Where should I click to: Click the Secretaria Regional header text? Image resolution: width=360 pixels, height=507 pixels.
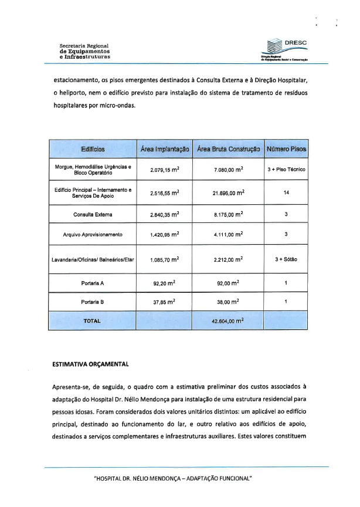click(84, 51)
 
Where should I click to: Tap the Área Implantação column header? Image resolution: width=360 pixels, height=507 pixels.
click(165, 150)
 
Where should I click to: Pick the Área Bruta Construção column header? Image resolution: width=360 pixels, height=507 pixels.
click(228, 150)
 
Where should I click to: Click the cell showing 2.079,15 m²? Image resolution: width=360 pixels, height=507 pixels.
click(164, 170)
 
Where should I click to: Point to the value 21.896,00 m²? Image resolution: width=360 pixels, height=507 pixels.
click(228, 192)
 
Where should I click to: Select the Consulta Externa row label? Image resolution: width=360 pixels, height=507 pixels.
click(93, 214)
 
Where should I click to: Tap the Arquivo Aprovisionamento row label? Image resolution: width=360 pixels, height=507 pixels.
click(93, 235)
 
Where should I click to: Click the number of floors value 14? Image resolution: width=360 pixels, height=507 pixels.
click(286, 192)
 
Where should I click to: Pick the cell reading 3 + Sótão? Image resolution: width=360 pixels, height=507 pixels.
click(286, 259)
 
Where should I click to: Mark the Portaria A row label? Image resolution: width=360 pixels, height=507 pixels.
click(93, 283)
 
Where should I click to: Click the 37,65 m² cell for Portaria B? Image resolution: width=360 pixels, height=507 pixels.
click(164, 302)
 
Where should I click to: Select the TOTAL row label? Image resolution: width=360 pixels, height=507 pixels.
click(93, 321)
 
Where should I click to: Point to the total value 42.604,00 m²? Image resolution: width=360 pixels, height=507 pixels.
click(228, 321)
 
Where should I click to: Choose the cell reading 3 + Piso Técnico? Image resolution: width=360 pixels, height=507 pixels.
click(286, 170)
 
